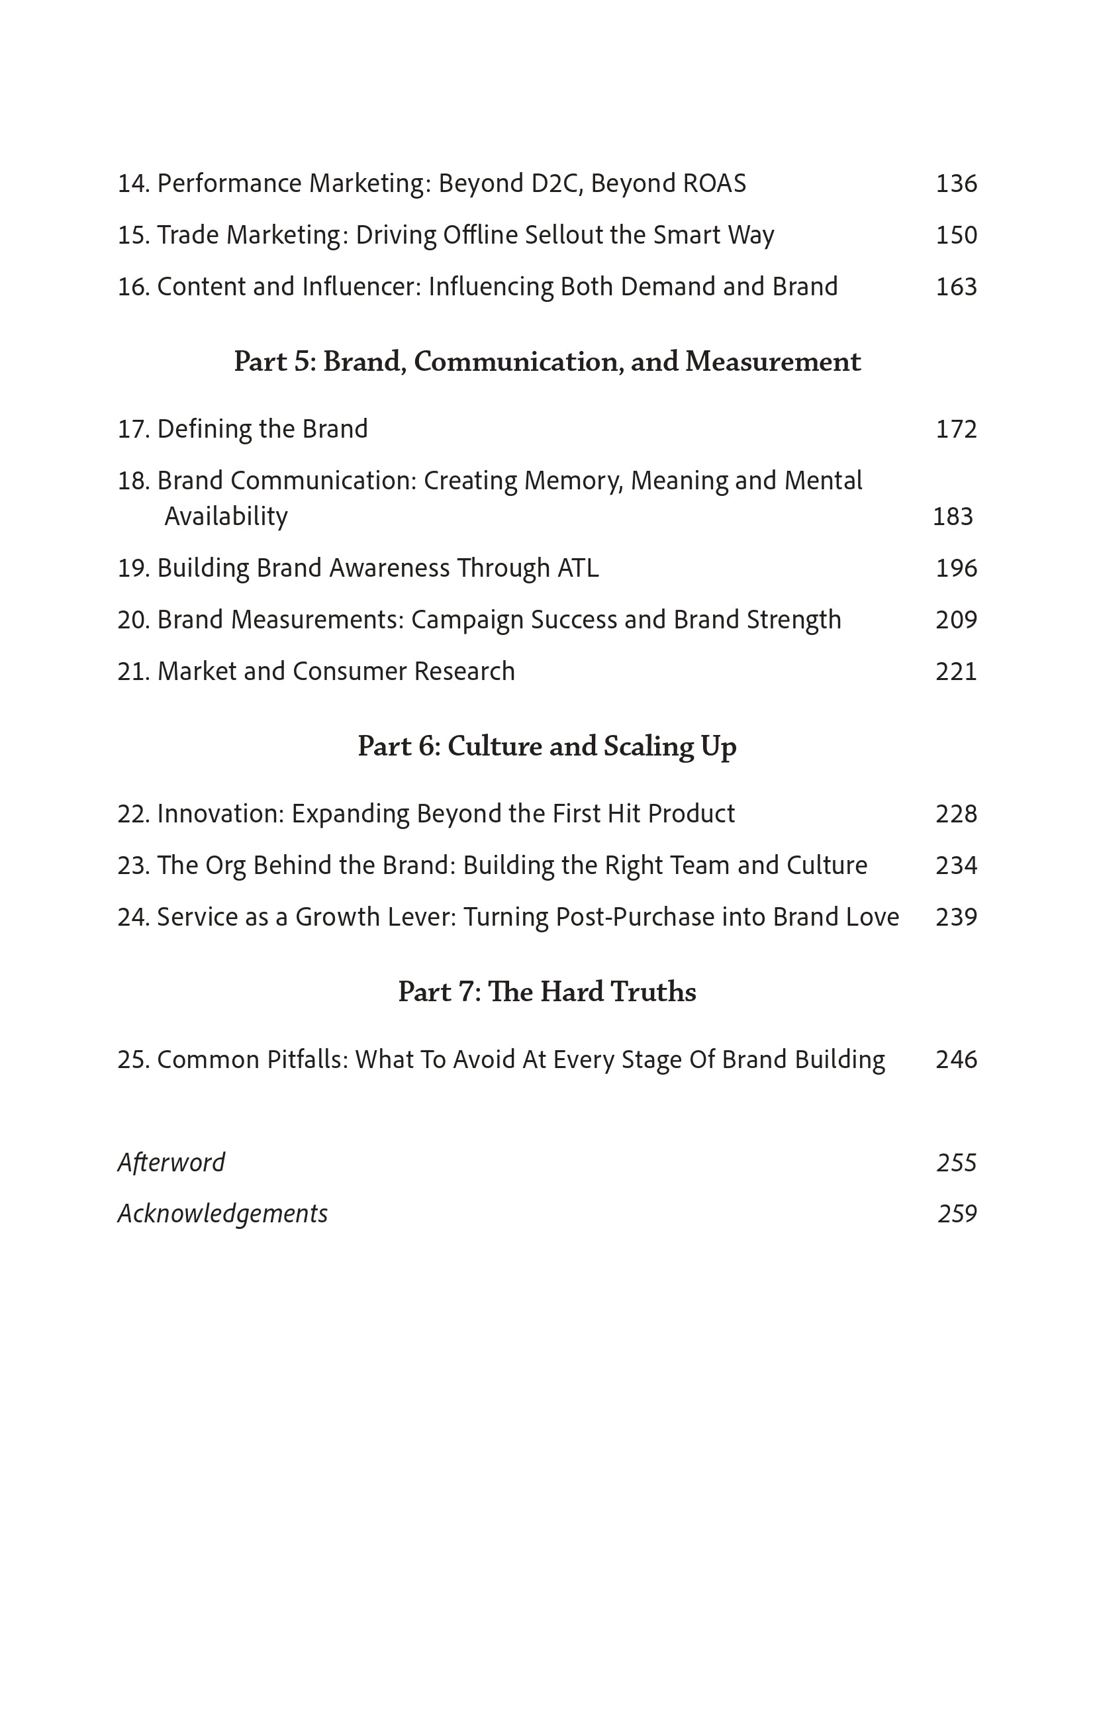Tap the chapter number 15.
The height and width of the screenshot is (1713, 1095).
tap(133, 236)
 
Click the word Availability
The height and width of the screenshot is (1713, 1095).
tap(226, 516)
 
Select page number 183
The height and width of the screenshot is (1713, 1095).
tap(952, 516)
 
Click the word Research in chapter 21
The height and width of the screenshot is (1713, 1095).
tap(464, 671)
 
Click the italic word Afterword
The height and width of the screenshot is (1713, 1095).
tap(171, 1162)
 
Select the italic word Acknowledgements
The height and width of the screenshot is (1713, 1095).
tap(222, 1214)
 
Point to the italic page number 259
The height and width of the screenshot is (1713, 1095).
tap(957, 1214)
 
